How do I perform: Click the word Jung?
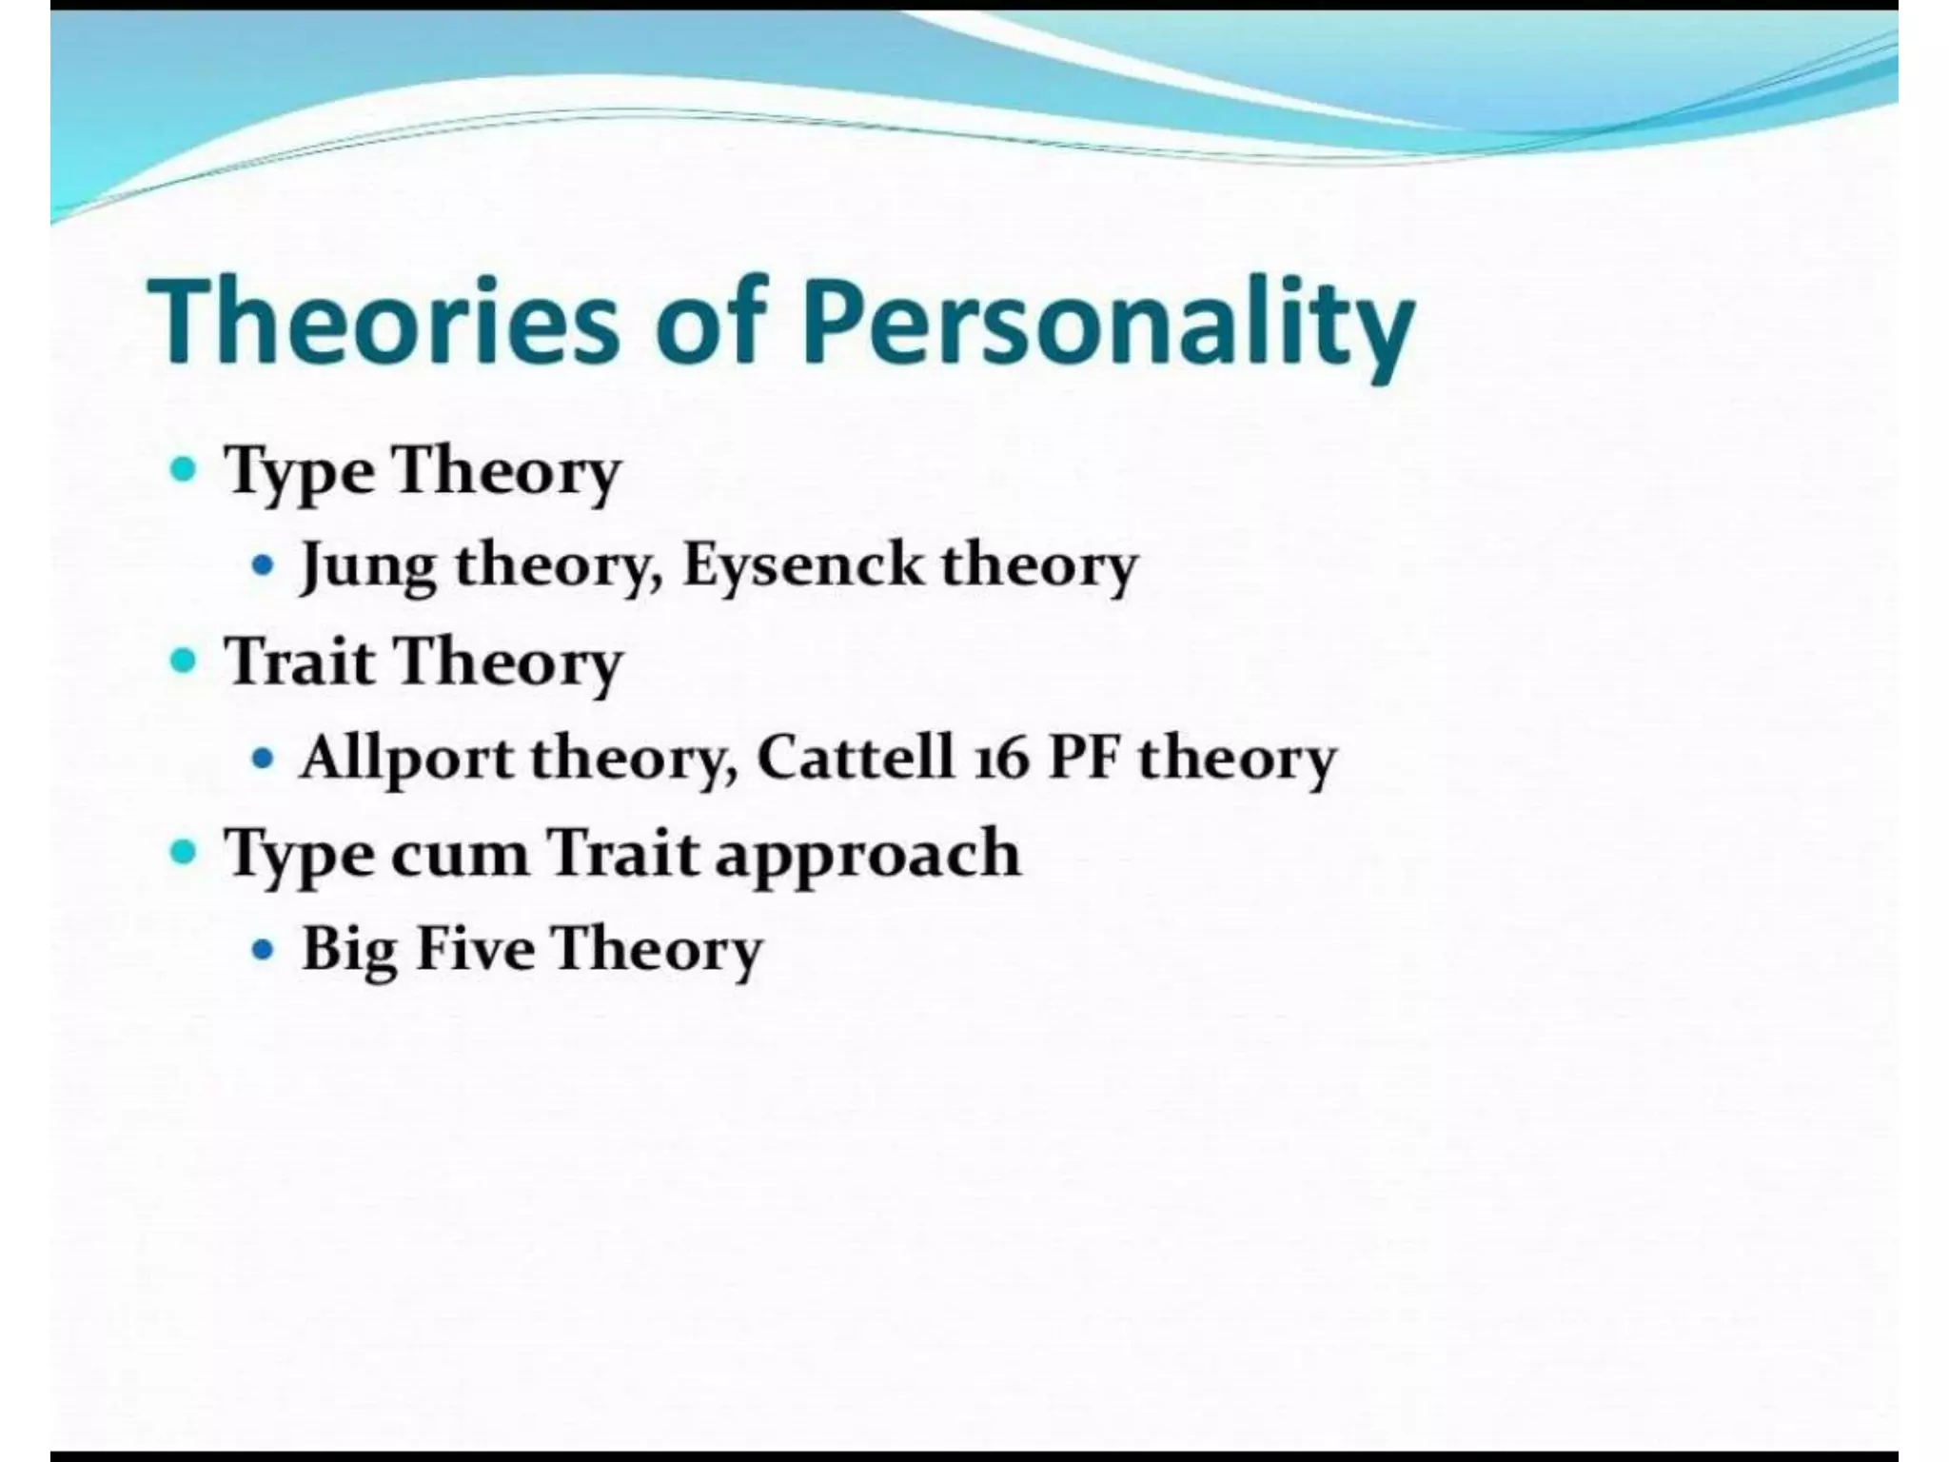coord(368,566)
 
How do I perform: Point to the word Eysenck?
coord(802,564)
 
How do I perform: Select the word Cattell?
coord(855,758)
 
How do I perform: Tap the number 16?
coord(1001,760)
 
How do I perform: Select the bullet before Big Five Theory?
coord(263,949)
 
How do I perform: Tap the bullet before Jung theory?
coord(263,565)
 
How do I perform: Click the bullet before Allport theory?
coord(263,759)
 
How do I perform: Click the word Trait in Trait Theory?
coord(300,661)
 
